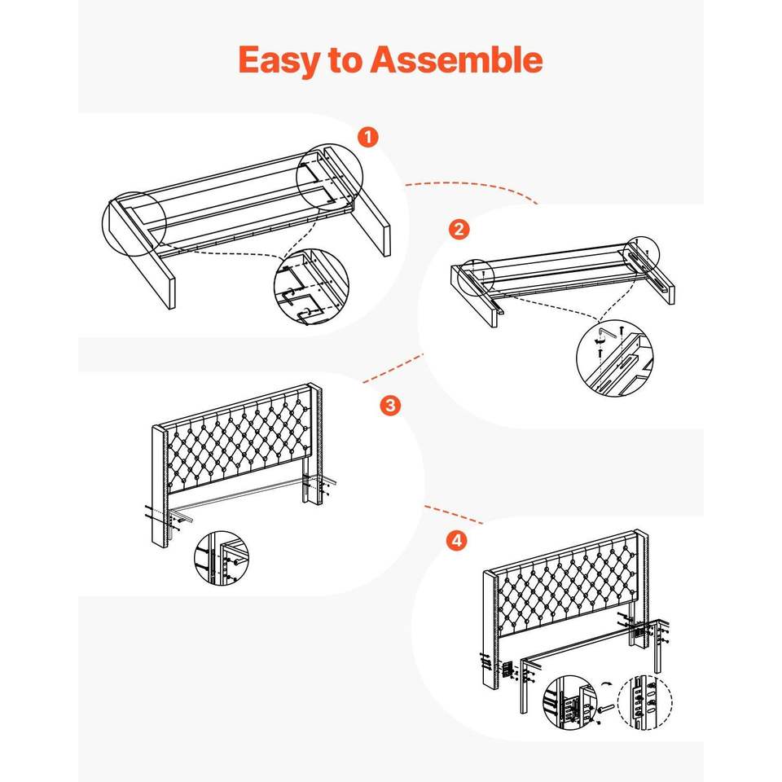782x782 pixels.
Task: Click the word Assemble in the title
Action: (x=456, y=59)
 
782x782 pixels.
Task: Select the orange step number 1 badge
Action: (x=368, y=137)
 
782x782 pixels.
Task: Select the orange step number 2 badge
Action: (x=459, y=229)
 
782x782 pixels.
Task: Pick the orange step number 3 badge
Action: (x=389, y=405)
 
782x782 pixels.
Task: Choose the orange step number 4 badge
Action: (x=457, y=540)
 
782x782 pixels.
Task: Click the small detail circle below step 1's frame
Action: (x=312, y=287)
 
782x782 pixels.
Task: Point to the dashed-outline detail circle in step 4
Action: (x=645, y=701)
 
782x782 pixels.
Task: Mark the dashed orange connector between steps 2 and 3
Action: (x=393, y=368)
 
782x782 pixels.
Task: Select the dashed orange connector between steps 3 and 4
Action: (x=454, y=514)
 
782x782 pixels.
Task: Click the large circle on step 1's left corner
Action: (x=134, y=223)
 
